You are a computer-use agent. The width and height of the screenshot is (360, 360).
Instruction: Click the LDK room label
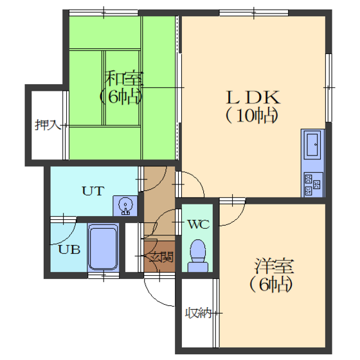pos(253,97)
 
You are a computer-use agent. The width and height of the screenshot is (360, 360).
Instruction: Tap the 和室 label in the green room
pos(123,78)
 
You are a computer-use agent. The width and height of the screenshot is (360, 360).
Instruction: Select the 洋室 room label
pos(274,266)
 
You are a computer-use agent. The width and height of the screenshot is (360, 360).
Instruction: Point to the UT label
pos(93,191)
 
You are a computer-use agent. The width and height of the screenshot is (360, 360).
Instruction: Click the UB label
pos(69,249)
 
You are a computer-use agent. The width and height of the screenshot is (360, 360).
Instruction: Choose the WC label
pos(199,224)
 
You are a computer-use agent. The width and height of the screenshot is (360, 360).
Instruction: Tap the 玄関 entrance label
pos(161,256)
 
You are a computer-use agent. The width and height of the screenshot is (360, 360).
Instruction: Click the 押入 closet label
pos(48,125)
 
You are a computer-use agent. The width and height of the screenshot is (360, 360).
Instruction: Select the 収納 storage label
pos(199,312)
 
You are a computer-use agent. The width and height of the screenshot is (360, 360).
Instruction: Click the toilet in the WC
pos(198,256)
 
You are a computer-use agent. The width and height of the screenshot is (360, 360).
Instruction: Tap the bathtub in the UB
pos(104,248)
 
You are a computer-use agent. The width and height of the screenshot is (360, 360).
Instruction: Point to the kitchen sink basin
pos(312,145)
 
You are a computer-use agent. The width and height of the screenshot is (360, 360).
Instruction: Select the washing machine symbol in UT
pos(125,206)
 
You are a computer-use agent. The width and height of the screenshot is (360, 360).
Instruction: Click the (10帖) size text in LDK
pos(251,116)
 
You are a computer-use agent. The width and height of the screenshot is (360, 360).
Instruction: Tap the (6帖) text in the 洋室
pos(271,284)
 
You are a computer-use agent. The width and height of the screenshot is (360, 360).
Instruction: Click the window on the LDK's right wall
pos(328,87)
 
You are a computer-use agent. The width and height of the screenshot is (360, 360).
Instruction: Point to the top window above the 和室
pos(104,13)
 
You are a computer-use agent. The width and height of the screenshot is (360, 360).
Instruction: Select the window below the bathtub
pos(104,275)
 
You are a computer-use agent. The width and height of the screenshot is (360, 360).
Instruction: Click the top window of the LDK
pos(254,13)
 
